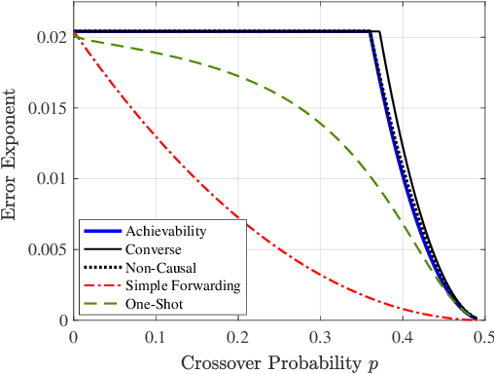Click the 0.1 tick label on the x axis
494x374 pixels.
pos(155,336)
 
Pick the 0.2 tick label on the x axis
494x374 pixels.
pos(236,336)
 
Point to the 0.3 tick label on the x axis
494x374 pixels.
pos(317,336)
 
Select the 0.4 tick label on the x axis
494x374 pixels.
pos(399,336)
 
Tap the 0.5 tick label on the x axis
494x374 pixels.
pos(479,336)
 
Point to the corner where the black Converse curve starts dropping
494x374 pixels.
pos(379,32)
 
